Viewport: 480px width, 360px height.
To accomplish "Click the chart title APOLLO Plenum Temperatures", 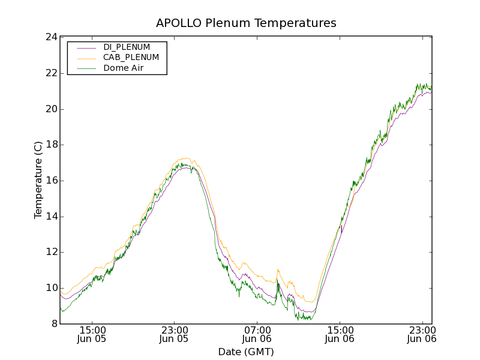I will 246,23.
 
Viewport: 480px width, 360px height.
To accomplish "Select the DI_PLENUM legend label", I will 127,47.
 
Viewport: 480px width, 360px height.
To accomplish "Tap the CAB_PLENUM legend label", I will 131,58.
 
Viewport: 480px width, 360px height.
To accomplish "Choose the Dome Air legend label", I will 123,68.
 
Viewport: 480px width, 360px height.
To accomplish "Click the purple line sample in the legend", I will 86,47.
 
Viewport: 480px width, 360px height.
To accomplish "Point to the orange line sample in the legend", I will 86,58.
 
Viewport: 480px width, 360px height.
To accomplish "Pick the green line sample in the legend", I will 86,68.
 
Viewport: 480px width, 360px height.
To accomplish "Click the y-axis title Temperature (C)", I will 38,180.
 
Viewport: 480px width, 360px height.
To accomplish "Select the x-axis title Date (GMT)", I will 246,352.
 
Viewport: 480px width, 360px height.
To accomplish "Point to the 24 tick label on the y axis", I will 52,37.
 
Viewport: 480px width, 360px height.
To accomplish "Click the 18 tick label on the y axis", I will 52,145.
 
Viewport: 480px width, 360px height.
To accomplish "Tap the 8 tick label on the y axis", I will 55,324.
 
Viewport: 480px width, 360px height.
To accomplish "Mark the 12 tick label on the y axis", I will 52,252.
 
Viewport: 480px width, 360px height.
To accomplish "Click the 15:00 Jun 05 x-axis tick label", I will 92,334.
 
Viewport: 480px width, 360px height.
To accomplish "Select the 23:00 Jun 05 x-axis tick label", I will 175,334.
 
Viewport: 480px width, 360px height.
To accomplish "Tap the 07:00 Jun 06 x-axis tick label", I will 257,334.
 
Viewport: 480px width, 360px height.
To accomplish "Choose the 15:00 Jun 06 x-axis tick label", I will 340,334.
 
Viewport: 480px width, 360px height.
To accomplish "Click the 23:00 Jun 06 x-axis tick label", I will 422,334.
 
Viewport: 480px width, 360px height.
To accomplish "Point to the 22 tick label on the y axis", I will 52,73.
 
